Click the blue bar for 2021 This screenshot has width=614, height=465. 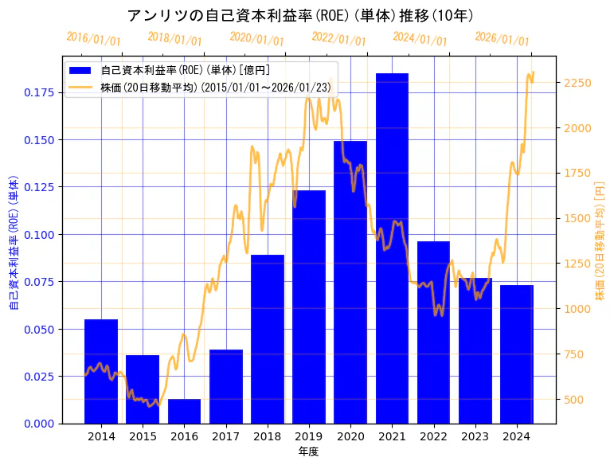392,248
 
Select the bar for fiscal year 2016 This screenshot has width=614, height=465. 184,411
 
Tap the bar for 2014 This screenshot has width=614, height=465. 101,371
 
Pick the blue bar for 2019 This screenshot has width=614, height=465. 309,307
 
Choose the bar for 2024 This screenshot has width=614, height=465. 517,354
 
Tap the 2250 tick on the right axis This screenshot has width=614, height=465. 577,83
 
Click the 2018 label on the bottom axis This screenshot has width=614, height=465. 268,436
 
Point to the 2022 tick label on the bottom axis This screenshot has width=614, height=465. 433,436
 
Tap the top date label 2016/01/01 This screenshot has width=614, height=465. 94,39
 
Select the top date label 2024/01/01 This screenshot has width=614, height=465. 420,39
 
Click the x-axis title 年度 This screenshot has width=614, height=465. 309,451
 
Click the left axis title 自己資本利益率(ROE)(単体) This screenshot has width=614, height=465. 14,242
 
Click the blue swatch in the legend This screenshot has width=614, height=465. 80,70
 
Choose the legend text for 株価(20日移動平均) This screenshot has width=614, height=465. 216,88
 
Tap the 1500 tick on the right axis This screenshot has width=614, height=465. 577,218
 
